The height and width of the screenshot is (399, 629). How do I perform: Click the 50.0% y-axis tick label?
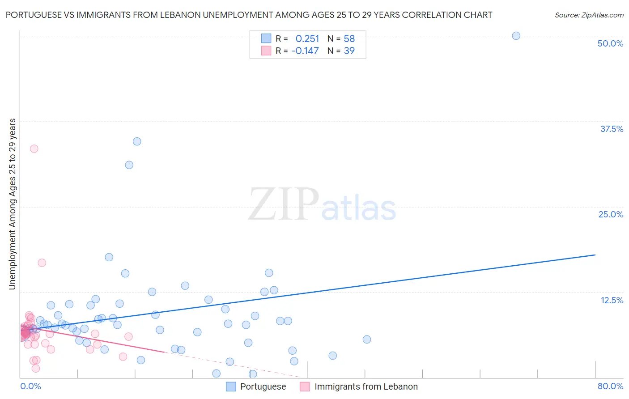[610, 43]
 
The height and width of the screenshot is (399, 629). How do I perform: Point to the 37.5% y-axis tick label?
[611, 129]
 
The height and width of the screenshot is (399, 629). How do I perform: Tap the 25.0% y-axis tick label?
[610, 214]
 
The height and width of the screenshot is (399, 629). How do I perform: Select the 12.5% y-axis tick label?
[611, 300]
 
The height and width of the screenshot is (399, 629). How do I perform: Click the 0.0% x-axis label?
[30, 386]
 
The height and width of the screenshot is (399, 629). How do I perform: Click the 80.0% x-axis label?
[610, 386]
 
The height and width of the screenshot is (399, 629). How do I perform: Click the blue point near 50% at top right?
[516, 36]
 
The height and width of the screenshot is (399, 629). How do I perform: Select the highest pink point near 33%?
[34, 149]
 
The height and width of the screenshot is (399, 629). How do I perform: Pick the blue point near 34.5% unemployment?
[137, 141]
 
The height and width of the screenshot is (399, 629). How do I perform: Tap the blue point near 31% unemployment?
[129, 165]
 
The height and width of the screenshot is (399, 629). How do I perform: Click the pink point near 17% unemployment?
[42, 263]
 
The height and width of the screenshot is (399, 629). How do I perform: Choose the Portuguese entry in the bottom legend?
[263, 386]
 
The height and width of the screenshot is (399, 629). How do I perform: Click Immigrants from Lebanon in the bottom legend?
[365, 386]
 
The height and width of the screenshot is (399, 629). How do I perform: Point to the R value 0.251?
[307, 38]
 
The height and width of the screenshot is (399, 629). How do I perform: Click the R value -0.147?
[305, 51]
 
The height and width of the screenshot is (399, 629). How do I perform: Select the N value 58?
[349, 38]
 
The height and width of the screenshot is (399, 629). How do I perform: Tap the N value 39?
[349, 51]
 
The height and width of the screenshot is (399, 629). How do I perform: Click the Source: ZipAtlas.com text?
[589, 15]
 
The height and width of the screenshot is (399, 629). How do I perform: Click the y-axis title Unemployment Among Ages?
[12, 204]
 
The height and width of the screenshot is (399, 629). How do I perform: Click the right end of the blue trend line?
[595, 255]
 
